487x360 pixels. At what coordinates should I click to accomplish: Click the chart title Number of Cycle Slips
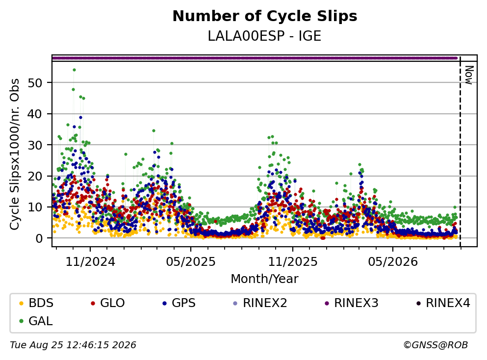tap(265, 16)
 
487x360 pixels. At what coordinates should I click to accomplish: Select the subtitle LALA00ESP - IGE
tap(264, 36)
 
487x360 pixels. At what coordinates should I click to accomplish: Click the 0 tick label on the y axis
tap(39, 238)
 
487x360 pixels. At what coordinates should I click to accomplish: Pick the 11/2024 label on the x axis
tap(90, 262)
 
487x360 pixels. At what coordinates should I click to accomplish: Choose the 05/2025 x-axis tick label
tap(191, 262)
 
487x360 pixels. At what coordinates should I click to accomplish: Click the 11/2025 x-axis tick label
tap(293, 262)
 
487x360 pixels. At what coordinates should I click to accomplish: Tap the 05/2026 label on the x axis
tap(393, 262)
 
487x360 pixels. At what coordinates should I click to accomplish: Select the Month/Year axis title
tap(264, 279)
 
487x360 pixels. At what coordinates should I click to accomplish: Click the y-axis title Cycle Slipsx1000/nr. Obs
tap(15, 154)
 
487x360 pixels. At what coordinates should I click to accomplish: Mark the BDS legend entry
tap(36, 303)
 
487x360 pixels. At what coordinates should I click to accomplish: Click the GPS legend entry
tap(179, 303)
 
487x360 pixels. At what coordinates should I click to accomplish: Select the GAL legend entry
tap(36, 321)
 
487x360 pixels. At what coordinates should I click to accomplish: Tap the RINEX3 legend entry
tap(352, 303)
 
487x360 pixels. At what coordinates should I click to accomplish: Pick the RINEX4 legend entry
tap(443, 303)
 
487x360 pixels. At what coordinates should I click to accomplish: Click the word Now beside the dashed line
tap(469, 75)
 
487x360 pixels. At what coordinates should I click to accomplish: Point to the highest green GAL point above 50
tap(74, 70)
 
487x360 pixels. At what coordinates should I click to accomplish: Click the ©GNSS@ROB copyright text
tap(436, 345)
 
